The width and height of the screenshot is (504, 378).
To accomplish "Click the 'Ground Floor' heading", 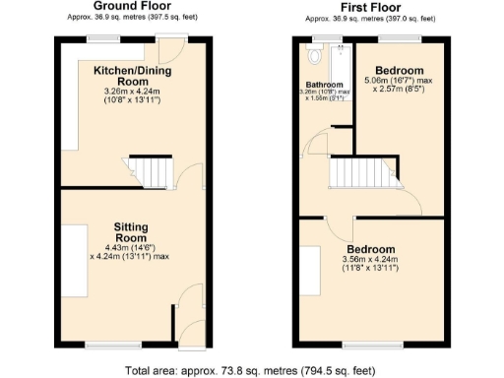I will (x=129, y=6).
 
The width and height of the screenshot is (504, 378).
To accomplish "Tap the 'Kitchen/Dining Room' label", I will (x=135, y=76).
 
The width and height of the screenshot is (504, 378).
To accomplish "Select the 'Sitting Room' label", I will (x=130, y=231).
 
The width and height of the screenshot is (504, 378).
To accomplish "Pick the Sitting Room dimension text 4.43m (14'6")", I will (x=131, y=247).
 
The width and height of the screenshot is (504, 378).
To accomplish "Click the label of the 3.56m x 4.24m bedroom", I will (x=370, y=249).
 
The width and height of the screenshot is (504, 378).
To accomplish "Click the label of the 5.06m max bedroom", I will (x=399, y=71).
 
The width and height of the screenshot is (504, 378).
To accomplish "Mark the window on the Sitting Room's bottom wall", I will (x=109, y=344).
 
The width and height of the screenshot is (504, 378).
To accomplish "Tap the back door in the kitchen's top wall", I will (x=175, y=38).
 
